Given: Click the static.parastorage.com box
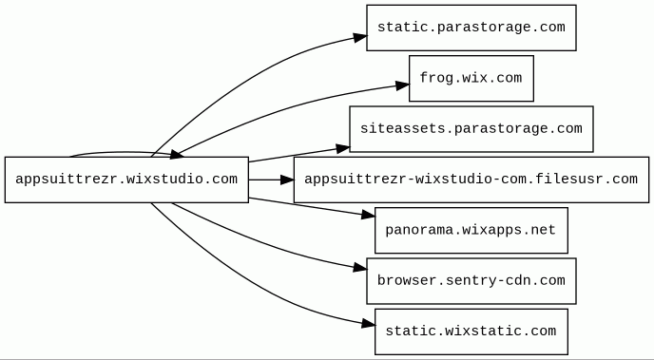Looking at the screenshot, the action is tap(471, 28).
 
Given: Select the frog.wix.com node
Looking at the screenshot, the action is tap(471, 78).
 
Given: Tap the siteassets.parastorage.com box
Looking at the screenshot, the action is tap(471, 129).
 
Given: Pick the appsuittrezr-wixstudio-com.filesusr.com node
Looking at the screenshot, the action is tap(471, 180).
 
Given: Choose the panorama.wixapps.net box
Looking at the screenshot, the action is tap(471, 230).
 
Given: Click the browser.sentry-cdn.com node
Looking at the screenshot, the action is tap(471, 281).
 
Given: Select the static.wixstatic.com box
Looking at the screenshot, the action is tap(471, 332).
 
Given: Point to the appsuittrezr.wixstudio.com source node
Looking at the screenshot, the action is tap(126, 180).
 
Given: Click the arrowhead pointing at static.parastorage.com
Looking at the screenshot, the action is tap(360, 37).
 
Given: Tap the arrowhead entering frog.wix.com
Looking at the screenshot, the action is tap(402, 85).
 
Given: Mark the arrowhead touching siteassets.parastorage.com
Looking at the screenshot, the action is tap(343, 148).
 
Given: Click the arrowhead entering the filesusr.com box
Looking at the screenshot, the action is tap(287, 180).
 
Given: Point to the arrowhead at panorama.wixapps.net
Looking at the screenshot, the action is tap(368, 215).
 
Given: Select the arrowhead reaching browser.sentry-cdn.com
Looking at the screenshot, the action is tap(360, 268).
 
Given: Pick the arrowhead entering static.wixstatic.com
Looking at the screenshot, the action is tap(368, 323).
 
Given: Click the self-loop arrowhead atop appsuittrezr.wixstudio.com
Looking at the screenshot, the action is tap(177, 155).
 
